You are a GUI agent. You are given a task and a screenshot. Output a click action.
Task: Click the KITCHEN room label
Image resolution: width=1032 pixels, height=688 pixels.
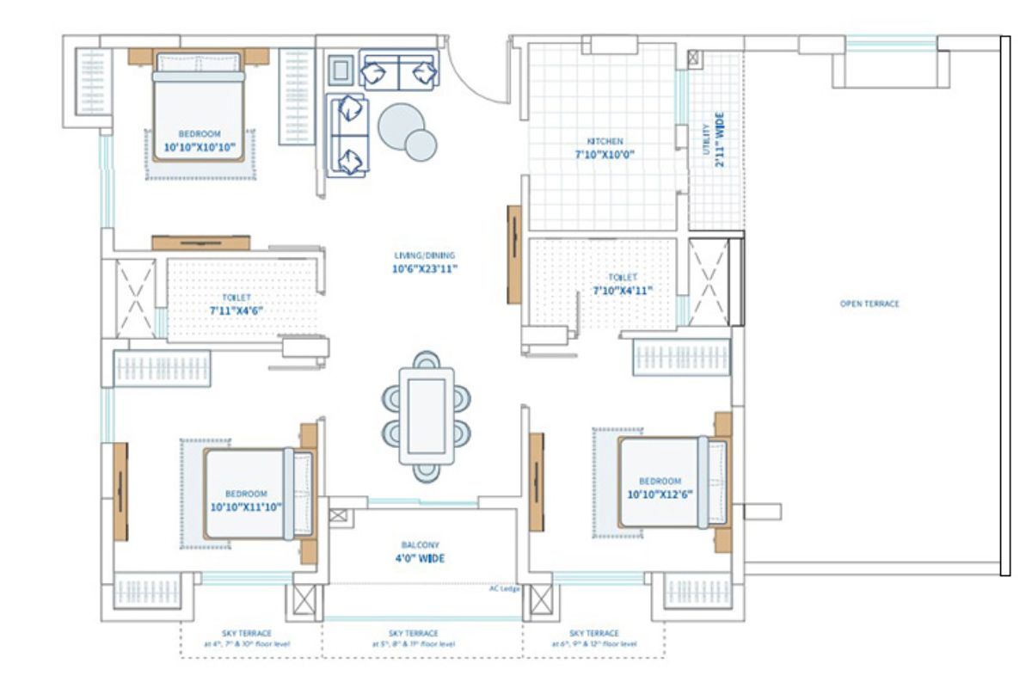pyautogui.click(x=605, y=141)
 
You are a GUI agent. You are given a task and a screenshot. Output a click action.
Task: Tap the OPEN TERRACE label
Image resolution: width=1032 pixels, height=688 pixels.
pyautogui.click(x=869, y=304)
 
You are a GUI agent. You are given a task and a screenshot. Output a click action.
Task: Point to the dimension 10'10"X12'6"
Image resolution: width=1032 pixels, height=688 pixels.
pyautogui.click(x=660, y=494)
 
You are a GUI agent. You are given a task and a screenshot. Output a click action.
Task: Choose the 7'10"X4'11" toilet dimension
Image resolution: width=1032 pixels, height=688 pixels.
pyautogui.click(x=622, y=291)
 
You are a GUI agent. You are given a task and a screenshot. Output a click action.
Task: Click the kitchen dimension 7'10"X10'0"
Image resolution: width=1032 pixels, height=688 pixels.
pyautogui.click(x=605, y=156)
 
